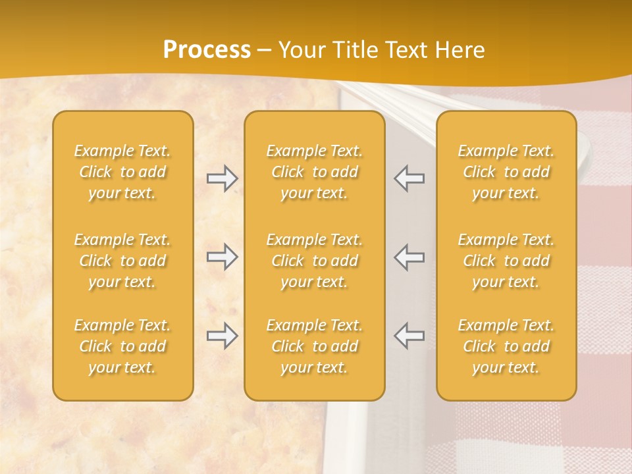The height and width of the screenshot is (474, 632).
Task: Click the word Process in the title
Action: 207,50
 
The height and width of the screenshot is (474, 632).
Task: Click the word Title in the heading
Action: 354,50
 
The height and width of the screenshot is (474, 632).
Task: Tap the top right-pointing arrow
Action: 223,178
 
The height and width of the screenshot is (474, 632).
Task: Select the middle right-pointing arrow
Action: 223,257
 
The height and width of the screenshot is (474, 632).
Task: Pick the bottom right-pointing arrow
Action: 223,336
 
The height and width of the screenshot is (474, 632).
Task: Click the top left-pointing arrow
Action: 409,178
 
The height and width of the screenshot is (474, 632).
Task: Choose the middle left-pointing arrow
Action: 409,257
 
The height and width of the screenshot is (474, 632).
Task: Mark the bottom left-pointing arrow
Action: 409,336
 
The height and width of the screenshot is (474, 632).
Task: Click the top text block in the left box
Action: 122,172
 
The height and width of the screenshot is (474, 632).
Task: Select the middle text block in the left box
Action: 122,261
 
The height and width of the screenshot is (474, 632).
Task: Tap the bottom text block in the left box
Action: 122,346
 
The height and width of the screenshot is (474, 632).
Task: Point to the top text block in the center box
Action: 314,172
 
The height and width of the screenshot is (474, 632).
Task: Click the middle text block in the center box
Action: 314,261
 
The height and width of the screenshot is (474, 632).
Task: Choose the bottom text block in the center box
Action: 314,346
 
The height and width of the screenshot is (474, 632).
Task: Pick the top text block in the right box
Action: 506,172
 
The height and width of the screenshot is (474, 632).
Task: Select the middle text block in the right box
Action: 506,261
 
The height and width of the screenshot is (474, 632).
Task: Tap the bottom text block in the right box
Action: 506,346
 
